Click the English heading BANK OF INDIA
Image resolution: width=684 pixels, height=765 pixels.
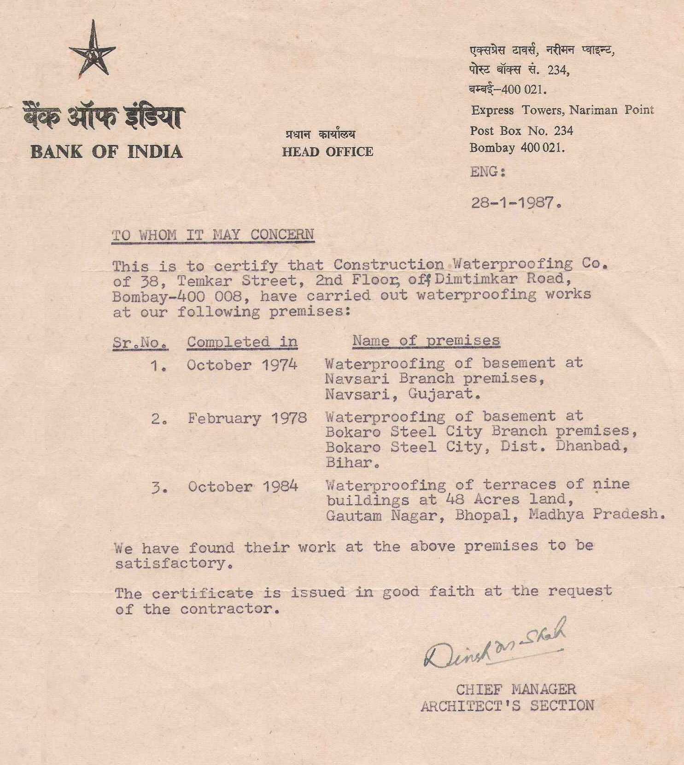coord(106,152)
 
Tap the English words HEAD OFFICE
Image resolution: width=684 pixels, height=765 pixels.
coord(327,152)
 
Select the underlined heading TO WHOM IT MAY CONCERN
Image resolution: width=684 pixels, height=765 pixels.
coord(213,235)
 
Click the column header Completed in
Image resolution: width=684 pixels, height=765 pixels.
coord(242,342)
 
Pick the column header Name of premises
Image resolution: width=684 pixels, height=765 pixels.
coord(426,340)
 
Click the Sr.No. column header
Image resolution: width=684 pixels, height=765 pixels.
coord(140,343)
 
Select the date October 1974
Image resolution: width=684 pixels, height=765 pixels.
coord(242,365)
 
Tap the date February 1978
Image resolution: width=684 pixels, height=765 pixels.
coord(247,418)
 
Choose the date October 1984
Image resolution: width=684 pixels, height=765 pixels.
coord(243,486)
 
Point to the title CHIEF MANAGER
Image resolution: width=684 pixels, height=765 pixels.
coord(515,689)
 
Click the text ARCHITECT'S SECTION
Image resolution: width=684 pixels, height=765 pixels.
coord(507,706)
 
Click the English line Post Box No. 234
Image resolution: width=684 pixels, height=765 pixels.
coord(521,131)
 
